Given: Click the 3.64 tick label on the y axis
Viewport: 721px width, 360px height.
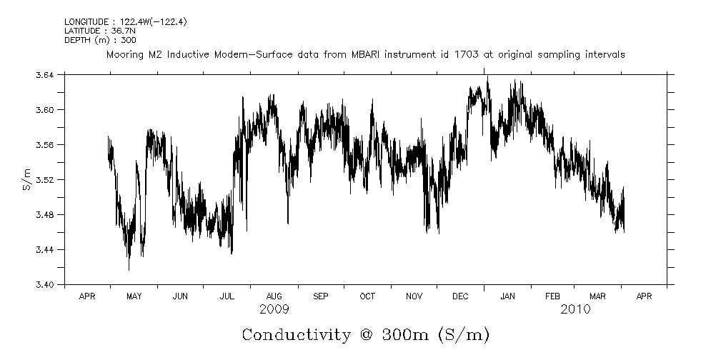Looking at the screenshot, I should tap(44, 74).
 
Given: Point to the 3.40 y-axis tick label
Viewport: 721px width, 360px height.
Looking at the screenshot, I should tap(44, 284).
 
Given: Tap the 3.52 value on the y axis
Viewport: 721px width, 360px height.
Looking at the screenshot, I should tap(44, 179).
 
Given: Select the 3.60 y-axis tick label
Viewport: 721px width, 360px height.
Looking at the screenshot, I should tap(44, 109).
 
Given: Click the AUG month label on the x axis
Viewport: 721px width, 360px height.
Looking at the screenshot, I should tap(274, 296).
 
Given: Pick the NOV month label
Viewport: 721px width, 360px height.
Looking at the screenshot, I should tap(414, 296).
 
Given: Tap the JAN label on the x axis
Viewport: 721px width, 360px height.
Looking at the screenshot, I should tap(507, 296).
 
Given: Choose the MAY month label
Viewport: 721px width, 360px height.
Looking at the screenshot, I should tap(134, 296).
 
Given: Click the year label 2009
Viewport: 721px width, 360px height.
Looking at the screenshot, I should tap(274, 309).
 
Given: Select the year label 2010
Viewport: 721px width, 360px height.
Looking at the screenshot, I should tap(575, 309).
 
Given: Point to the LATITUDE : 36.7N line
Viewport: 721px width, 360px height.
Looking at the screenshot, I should tap(96, 31).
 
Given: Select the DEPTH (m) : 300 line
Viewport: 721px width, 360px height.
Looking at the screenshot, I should tap(96, 39).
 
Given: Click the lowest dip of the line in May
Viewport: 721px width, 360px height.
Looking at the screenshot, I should tap(129, 269).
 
